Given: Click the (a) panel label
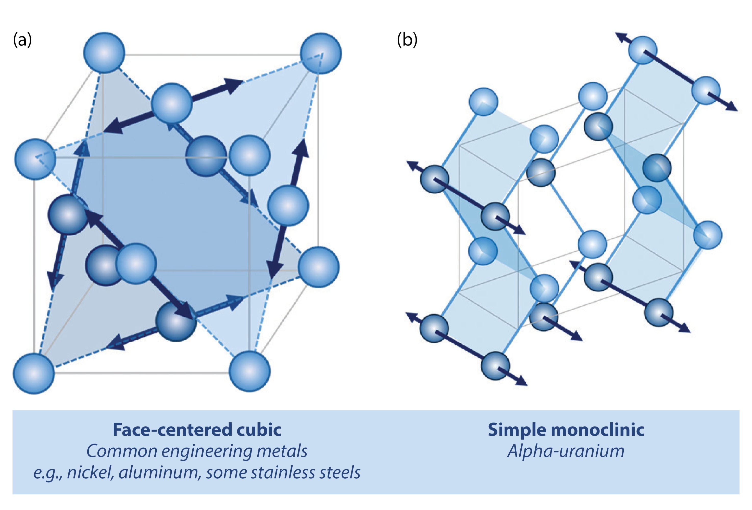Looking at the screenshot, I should (x=22, y=40).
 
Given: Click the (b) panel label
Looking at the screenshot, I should (x=407, y=40).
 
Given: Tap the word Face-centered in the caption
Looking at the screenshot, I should (x=172, y=430).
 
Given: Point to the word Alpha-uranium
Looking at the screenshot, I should (x=566, y=451).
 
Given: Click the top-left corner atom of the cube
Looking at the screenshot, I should (x=104, y=52).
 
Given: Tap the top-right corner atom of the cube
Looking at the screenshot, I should (x=321, y=53).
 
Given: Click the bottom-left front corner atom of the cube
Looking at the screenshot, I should (x=34, y=373).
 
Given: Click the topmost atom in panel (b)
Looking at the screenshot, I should (x=643, y=50).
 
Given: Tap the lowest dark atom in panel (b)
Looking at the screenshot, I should (x=495, y=366).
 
